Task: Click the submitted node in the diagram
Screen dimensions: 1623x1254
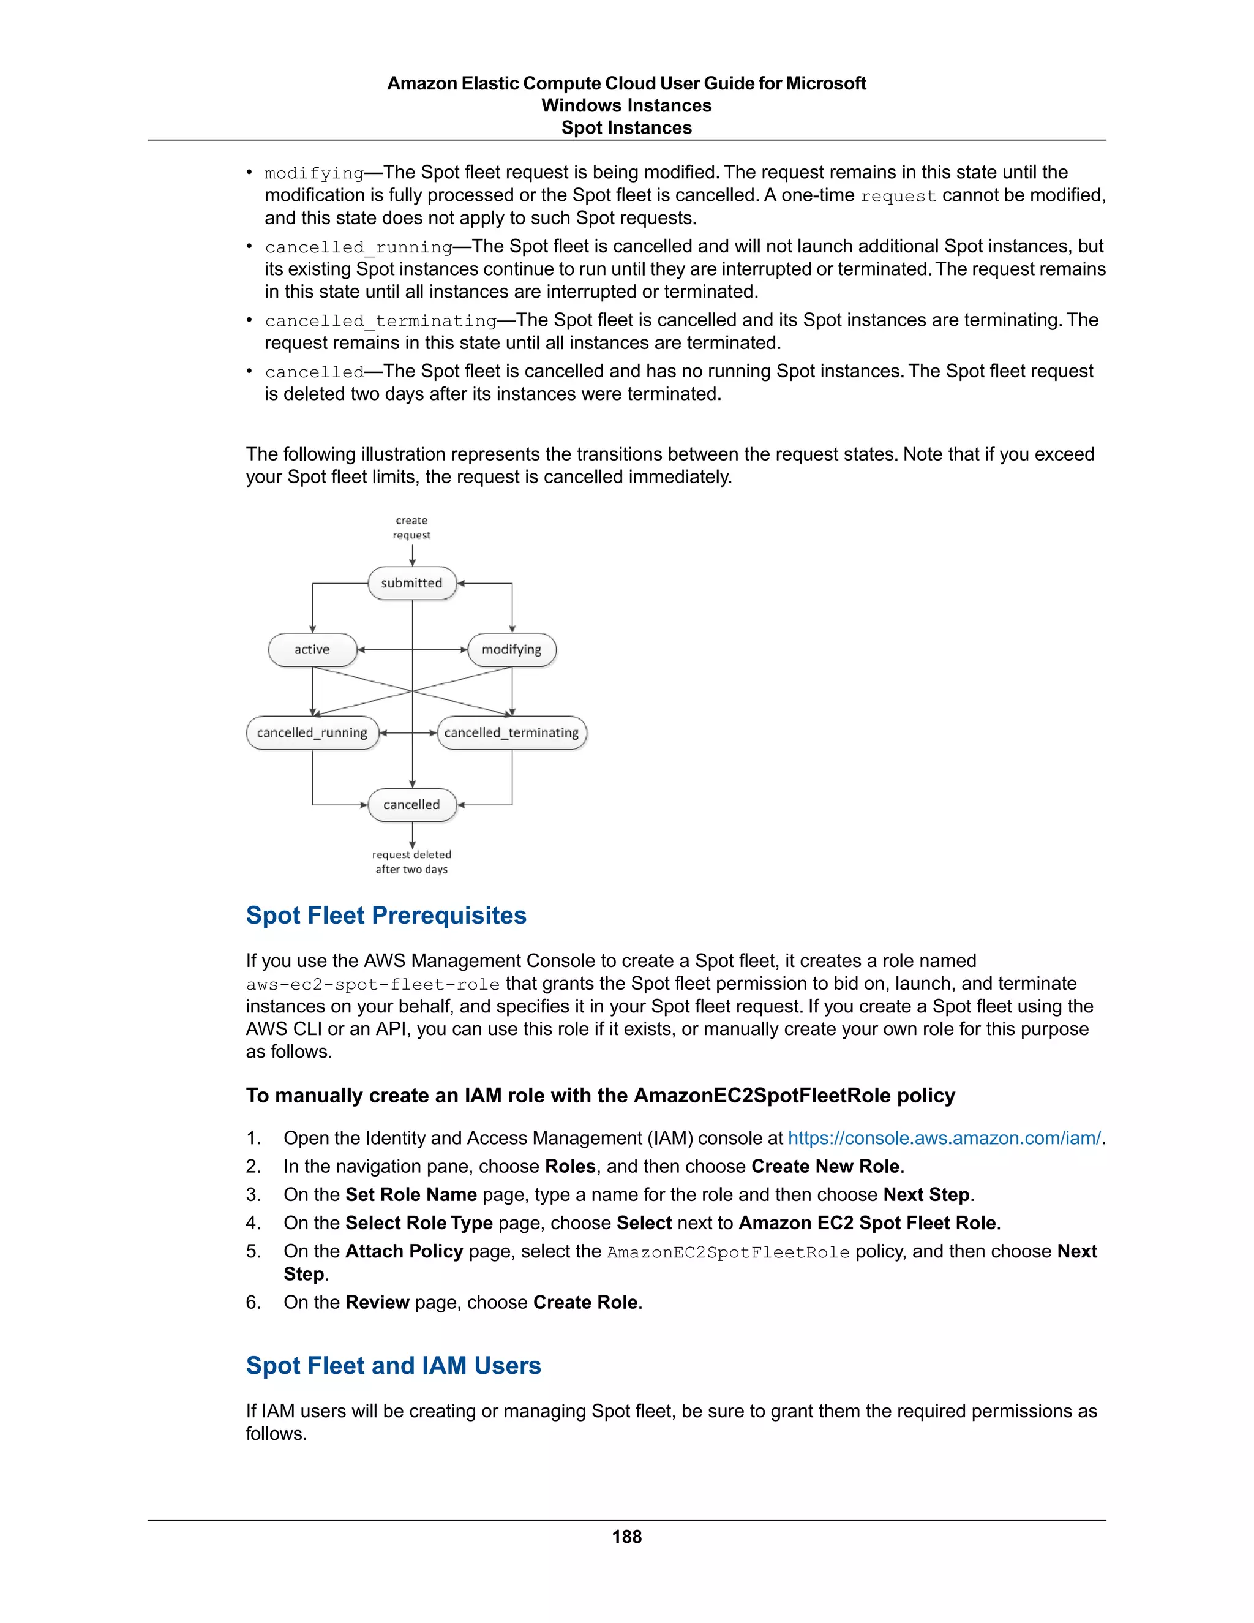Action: point(411,583)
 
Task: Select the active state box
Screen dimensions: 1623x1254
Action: point(312,649)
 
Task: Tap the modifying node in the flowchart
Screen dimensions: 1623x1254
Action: point(511,649)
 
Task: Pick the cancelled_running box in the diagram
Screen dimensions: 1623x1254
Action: point(312,732)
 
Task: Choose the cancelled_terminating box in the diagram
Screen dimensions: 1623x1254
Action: point(511,732)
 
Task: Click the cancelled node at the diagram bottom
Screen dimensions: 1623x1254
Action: point(411,805)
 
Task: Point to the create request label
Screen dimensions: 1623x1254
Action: point(411,527)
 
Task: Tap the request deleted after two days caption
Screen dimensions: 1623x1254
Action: point(411,862)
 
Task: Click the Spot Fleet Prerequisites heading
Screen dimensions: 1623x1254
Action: point(386,916)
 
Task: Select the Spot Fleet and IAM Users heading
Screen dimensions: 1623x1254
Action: point(393,1366)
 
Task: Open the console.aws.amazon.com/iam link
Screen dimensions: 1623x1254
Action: point(944,1139)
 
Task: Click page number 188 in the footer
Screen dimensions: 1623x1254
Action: point(626,1537)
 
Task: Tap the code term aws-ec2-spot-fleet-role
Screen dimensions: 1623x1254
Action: point(372,985)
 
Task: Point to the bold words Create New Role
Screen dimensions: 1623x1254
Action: point(825,1167)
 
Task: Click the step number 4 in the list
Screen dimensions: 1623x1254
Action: point(253,1223)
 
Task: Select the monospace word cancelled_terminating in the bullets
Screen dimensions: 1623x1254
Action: point(380,321)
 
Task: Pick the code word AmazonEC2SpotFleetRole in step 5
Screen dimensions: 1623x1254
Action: point(727,1253)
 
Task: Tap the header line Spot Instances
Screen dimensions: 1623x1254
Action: point(626,128)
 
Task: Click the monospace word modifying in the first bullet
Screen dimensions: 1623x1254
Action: point(314,173)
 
